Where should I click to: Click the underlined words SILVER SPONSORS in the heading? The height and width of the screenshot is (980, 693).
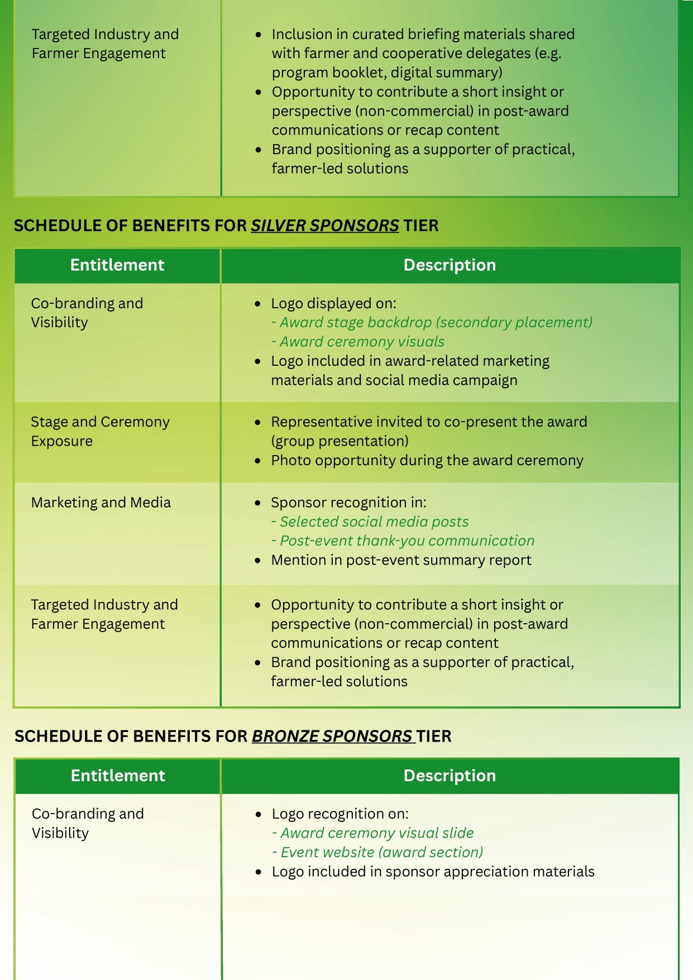coord(324,226)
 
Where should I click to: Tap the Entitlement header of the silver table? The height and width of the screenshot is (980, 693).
coord(117,265)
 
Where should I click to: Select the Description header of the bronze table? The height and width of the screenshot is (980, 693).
coord(450,776)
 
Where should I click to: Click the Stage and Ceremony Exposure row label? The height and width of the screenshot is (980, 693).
coord(100,431)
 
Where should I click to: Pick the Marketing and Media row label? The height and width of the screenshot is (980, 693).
coord(101,503)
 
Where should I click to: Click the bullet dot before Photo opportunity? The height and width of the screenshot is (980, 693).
coord(257,461)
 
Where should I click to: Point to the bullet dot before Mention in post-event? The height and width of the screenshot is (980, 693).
coord(257,560)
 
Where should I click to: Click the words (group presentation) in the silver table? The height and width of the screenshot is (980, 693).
coord(340,441)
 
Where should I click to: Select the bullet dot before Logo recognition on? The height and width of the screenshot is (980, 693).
coord(258,814)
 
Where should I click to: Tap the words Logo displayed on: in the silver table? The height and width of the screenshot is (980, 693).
coord(333,303)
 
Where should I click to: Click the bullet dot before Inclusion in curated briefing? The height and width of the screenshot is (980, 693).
coord(258,35)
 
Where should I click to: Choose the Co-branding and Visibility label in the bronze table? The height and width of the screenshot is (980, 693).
coord(88,823)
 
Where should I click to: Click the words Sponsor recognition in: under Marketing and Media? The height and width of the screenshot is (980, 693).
coord(348,503)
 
